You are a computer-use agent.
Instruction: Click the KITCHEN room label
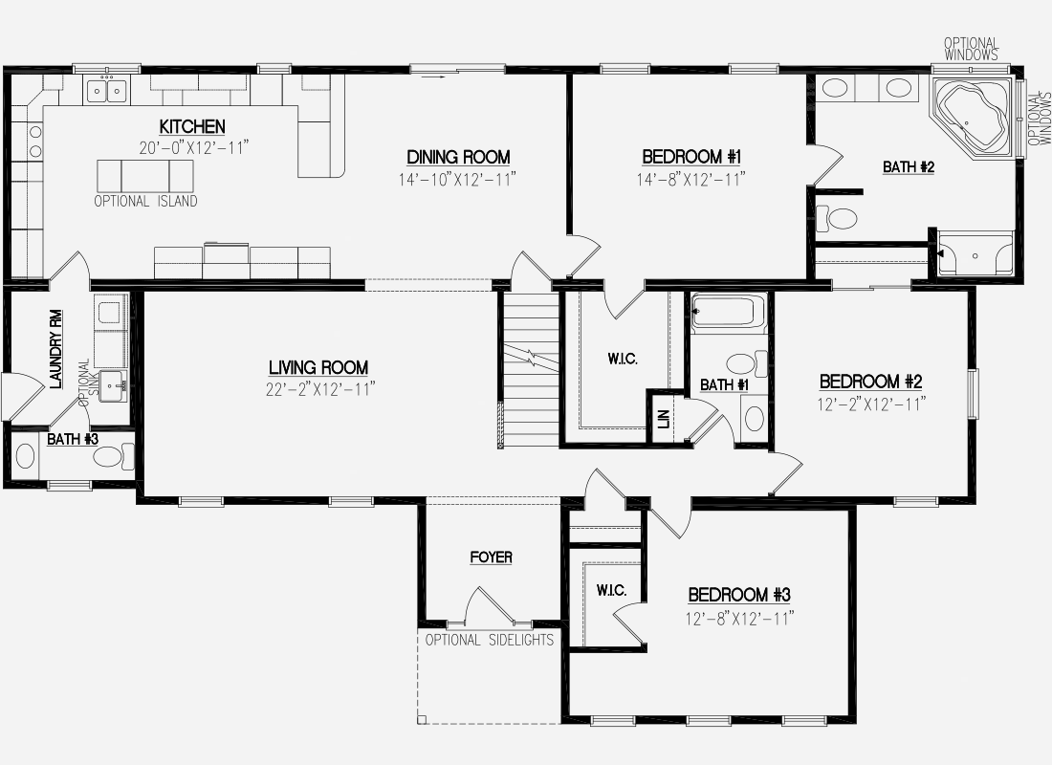(x=192, y=126)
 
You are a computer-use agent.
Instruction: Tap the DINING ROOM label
(x=458, y=157)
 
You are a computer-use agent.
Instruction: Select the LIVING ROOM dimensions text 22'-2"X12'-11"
(x=319, y=389)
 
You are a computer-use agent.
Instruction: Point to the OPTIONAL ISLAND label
(x=145, y=201)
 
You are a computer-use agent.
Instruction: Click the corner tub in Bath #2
(x=974, y=119)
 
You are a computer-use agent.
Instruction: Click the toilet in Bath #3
(x=114, y=456)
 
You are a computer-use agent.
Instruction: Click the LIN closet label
(x=665, y=420)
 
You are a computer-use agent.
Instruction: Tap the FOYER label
(x=492, y=557)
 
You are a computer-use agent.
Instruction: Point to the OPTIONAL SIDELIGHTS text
(x=490, y=640)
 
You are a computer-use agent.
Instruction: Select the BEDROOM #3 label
(x=739, y=595)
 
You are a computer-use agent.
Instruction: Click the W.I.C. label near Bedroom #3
(x=612, y=591)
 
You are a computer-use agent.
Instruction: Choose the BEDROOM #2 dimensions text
(x=871, y=404)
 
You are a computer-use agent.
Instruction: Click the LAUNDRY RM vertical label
(x=56, y=348)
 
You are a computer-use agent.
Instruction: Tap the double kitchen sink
(x=107, y=89)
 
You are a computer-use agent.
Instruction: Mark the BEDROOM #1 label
(x=691, y=157)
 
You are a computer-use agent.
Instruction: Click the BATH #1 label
(x=725, y=385)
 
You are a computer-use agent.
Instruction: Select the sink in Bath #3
(x=25, y=455)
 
